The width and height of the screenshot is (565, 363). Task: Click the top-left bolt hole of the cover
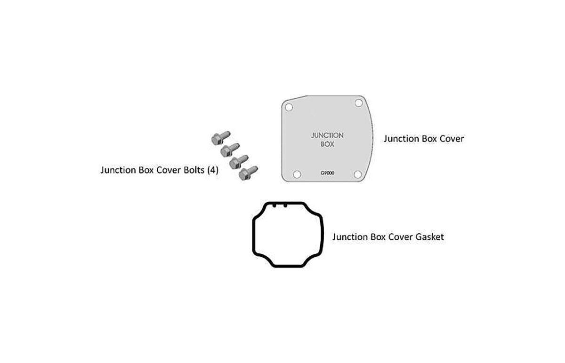point(289,108)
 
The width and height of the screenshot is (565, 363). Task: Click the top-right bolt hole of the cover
point(358,103)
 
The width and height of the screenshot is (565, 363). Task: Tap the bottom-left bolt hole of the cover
point(297,174)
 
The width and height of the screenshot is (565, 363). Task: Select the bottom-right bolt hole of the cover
point(358,174)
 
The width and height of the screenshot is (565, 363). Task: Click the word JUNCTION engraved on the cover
point(327,135)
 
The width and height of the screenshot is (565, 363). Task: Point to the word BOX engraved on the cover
point(327,144)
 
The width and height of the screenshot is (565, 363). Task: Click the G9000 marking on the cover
point(327,173)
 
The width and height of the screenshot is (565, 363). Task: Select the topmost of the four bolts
point(221,138)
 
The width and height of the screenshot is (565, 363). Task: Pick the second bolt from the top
point(230,150)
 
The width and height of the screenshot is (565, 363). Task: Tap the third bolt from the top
point(239,162)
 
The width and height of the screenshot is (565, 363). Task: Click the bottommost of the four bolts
point(248,173)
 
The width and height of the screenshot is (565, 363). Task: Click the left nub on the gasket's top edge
point(274,205)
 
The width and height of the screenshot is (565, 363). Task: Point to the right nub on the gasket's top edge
point(285,205)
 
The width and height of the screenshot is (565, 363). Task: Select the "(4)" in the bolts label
point(213,170)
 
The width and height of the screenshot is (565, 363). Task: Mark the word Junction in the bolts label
point(118,170)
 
